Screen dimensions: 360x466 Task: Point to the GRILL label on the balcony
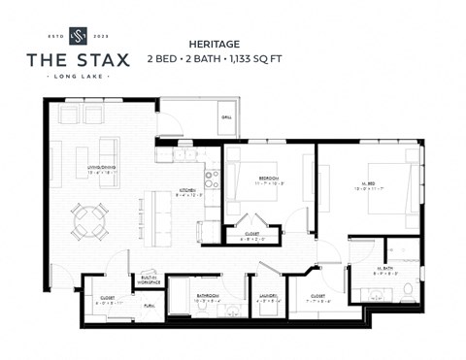tap(226, 117)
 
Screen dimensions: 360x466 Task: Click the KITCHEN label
tap(186, 191)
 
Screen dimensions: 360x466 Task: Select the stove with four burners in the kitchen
tap(213, 180)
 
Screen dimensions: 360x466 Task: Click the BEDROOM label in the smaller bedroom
tap(269, 179)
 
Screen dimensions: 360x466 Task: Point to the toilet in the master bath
tap(409, 288)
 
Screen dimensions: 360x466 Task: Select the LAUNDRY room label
tap(268, 296)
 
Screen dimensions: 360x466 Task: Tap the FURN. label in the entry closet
tap(149, 305)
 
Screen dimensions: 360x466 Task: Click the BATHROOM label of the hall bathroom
tap(207, 296)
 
